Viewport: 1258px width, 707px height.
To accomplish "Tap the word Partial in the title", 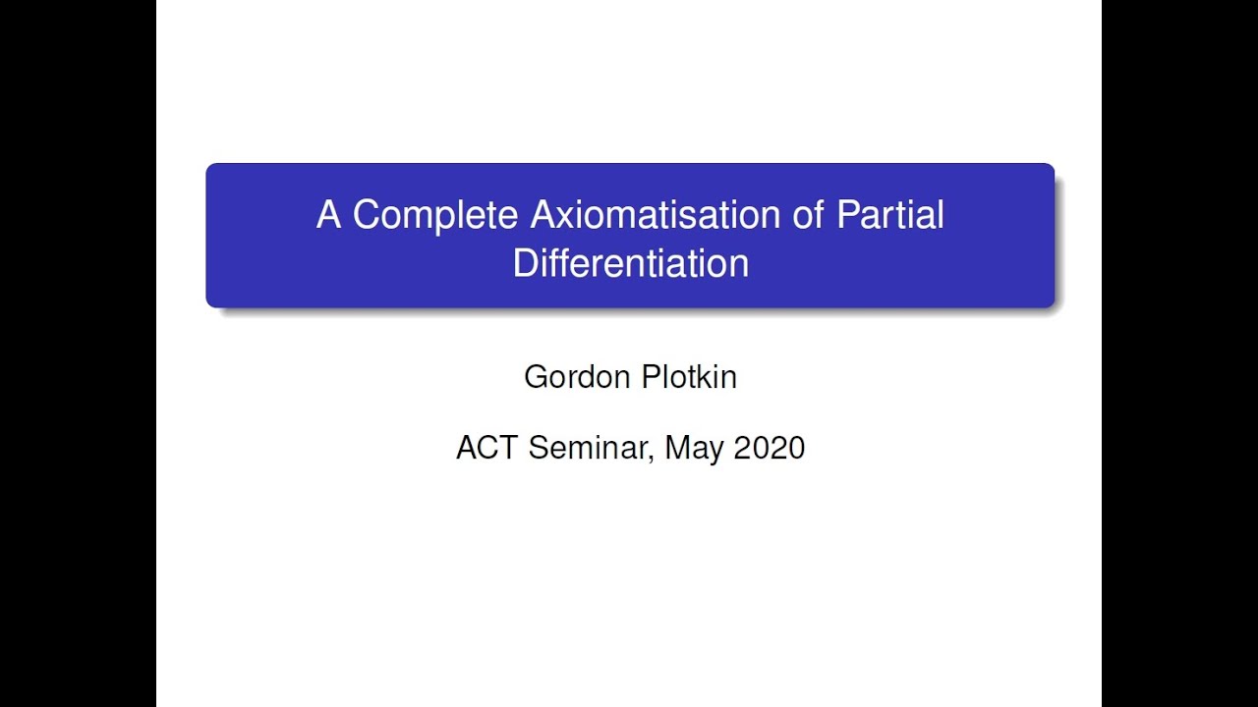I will point(889,215).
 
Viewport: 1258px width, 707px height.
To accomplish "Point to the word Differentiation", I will point(630,263).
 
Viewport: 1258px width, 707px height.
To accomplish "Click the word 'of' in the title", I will point(809,215).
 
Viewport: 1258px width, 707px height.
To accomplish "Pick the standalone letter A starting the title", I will point(328,215).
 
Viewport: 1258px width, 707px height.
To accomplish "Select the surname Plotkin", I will point(687,376).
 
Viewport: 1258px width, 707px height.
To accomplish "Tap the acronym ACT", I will point(487,448).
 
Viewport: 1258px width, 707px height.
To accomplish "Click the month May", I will point(694,449).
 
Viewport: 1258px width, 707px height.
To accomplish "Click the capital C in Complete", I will point(366,215).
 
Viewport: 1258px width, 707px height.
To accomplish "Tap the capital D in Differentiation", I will point(525,263).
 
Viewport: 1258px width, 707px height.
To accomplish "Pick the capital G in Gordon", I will point(536,376).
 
